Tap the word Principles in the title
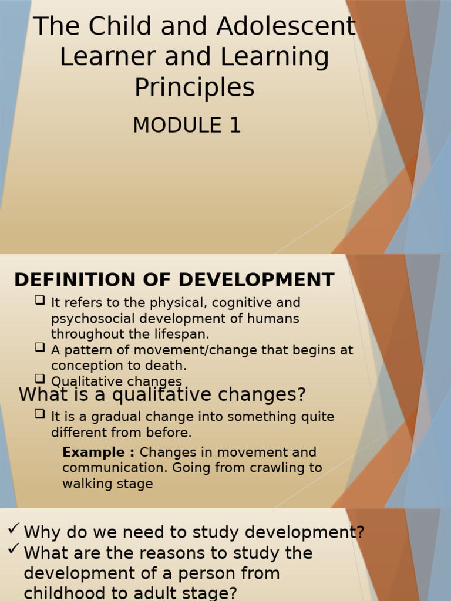(x=194, y=87)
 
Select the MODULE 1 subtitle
(x=187, y=125)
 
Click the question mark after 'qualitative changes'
(x=301, y=394)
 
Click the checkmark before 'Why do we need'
(x=14, y=530)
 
